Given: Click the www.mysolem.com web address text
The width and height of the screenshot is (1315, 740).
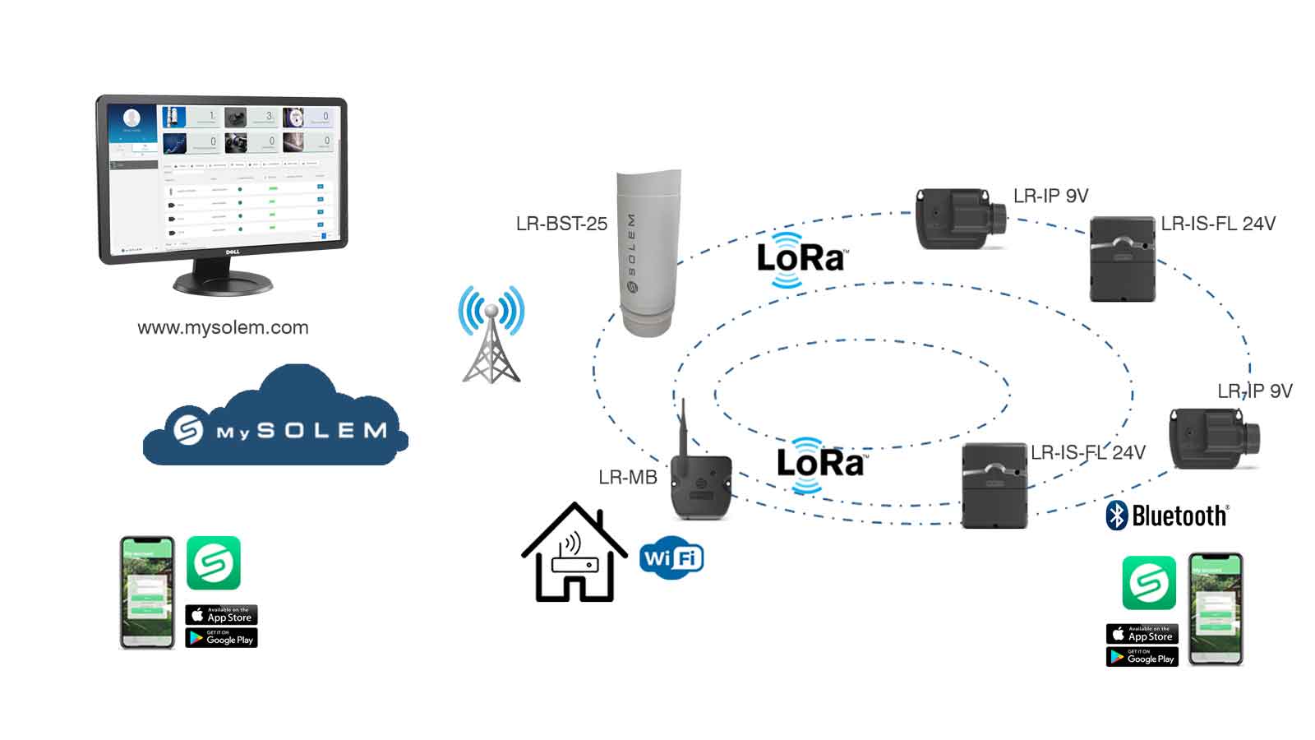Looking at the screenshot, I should coord(223,327).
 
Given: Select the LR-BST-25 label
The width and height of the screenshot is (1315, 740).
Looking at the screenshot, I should coord(561,224).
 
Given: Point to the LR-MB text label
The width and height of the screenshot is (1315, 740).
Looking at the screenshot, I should coord(628,478).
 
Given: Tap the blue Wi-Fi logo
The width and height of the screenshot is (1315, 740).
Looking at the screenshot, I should coord(671,558).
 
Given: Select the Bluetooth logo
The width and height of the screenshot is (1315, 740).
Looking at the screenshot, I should coord(1167,516).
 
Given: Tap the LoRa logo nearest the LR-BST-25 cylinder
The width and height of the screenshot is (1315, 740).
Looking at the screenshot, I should coord(801,259).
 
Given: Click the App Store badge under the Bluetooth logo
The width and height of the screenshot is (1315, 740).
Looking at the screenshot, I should coord(1142,634).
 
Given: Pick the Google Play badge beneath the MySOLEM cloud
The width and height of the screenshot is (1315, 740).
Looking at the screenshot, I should coord(222,638).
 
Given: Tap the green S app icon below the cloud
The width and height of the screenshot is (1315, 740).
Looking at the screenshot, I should coord(214,563).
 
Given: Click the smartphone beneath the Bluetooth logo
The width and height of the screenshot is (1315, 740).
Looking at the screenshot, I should coord(1216,608).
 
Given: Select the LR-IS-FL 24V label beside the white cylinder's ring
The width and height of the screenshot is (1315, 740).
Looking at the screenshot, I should coord(1218,224).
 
